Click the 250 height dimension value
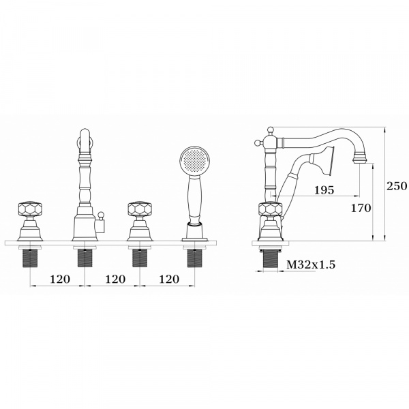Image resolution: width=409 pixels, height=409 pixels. pos(397,186)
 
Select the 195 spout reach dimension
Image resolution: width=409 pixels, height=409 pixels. pos(324,190)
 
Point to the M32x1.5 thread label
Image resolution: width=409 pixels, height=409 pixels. pos(311,264)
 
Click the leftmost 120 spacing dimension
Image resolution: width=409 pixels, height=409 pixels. pos(60,279)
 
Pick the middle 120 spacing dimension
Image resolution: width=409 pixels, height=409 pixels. pos(115,279)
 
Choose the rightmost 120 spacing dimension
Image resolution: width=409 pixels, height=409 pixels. pos(169,279)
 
